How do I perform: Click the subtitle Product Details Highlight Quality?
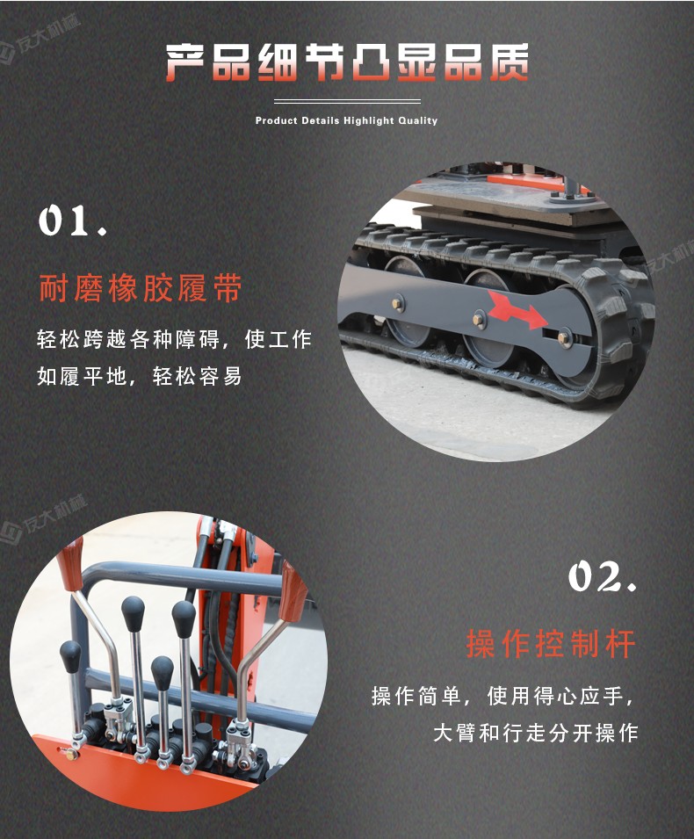(x=346, y=120)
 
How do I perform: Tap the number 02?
(x=602, y=577)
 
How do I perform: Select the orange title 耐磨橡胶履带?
(x=141, y=288)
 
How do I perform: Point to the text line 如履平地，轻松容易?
(x=140, y=377)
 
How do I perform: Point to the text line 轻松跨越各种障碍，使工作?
(x=174, y=339)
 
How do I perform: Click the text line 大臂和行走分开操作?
(x=535, y=732)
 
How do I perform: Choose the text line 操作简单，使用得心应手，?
(x=503, y=697)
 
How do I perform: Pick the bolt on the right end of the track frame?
(x=562, y=334)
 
